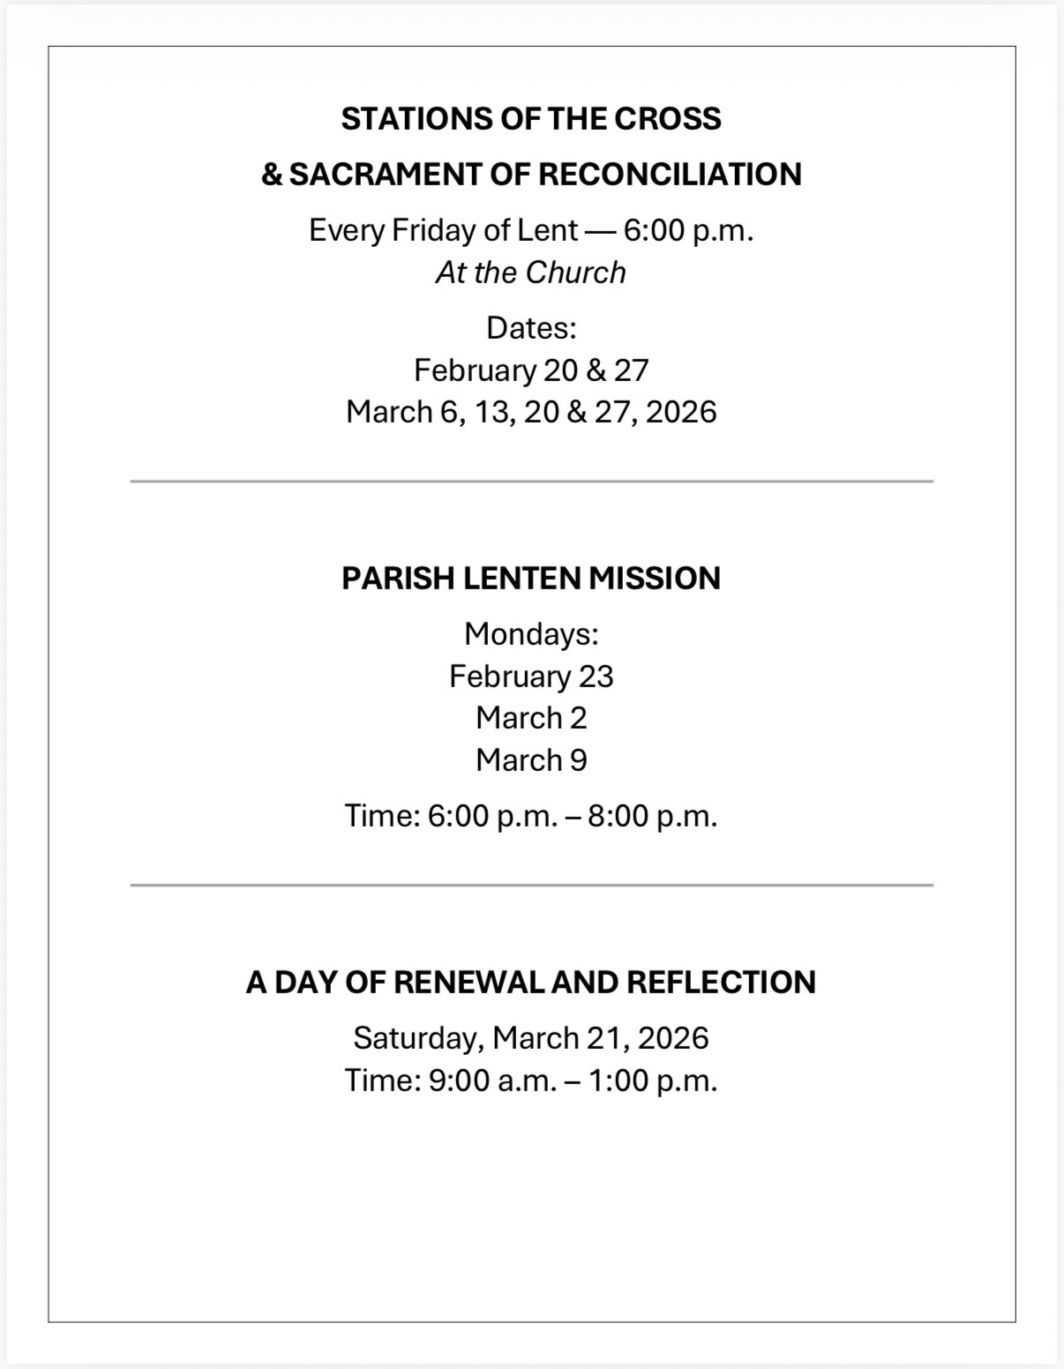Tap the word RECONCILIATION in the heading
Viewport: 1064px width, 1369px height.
[x=669, y=175]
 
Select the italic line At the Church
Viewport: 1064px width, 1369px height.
[x=530, y=273]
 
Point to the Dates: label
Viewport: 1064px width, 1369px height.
[x=530, y=328]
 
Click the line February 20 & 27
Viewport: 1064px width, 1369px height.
[x=530, y=370]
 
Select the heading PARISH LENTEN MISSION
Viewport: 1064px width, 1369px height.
[x=530, y=579]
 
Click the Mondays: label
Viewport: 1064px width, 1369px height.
[x=530, y=633]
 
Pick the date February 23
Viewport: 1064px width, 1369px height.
[x=530, y=677]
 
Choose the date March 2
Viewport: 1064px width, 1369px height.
[x=530, y=718]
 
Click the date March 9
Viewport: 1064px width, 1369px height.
[x=530, y=760]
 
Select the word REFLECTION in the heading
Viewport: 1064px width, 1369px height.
[x=721, y=983]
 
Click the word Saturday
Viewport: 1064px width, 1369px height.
[x=417, y=1038]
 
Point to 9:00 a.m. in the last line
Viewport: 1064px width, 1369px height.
[x=492, y=1081]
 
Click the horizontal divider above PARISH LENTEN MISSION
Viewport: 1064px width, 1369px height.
[x=530, y=482]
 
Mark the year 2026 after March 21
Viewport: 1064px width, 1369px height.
[x=672, y=1038]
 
